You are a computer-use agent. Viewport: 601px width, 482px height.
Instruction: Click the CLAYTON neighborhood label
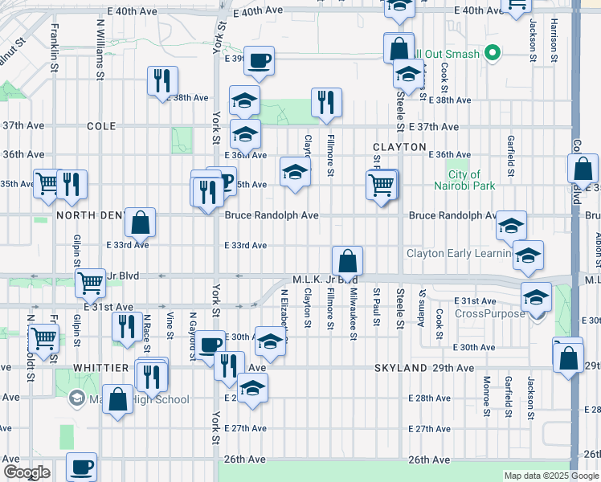(x=399, y=147)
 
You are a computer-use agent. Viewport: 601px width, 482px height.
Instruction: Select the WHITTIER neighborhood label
(x=101, y=367)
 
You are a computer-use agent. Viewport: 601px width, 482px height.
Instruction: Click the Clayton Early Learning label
(x=459, y=254)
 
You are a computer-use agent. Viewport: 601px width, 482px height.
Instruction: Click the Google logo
(x=27, y=472)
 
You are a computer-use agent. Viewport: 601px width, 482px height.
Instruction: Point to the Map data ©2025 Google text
(x=550, y=476)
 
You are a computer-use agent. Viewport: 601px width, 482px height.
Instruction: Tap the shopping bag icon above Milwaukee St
(x=347, y=260)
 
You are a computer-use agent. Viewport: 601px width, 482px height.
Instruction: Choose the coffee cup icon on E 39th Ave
(x=259, y=60)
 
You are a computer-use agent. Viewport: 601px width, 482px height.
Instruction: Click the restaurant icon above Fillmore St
(x=326, y=102)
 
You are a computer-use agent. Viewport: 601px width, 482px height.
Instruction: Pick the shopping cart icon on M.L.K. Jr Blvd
(x=90, y=282)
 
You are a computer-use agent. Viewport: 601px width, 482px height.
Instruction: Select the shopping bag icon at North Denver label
(x=140, y=222)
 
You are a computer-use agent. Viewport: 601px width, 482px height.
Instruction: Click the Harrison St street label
(x=554, y=42)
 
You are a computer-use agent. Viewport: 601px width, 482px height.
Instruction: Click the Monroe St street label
(x=487, y=397)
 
